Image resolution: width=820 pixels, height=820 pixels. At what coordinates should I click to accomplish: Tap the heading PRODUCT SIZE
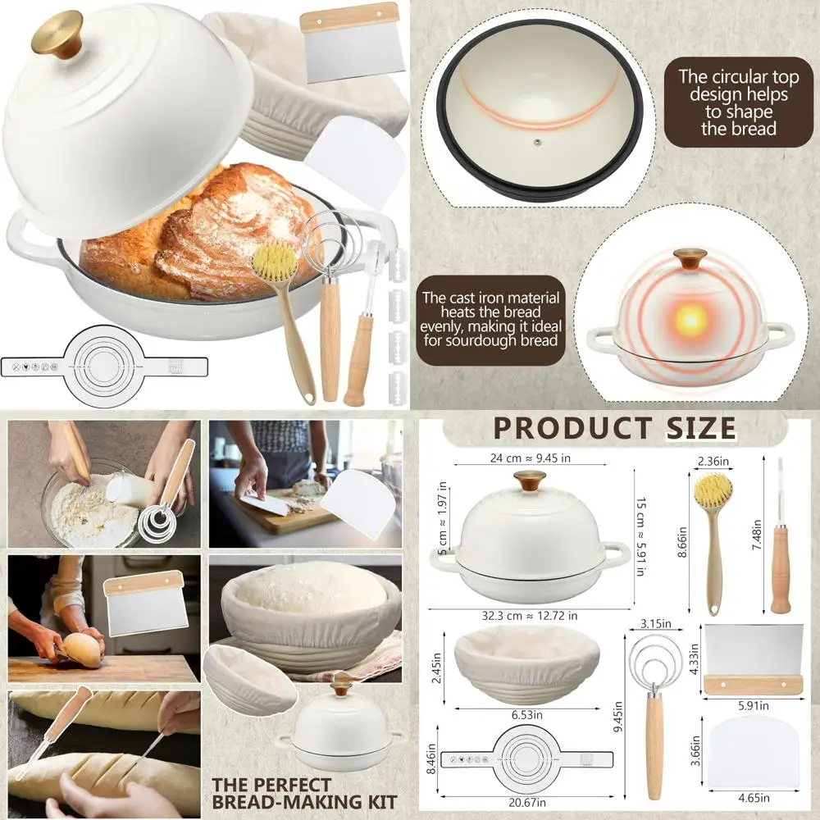[614, 429]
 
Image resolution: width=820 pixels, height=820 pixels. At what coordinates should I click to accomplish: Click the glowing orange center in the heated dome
[686, 318]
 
